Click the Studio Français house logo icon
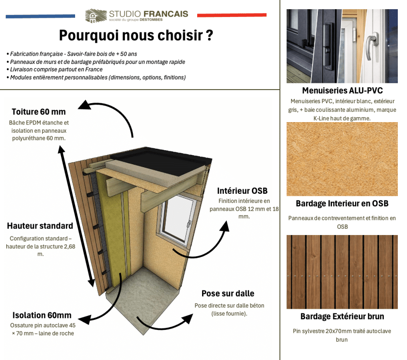[96, 16]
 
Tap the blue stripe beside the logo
[41, 16]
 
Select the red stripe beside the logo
[232, 15]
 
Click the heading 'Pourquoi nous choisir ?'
[136, 35]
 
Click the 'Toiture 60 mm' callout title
[39, 112]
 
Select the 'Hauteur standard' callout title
[40, 226]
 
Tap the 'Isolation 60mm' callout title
[42, 315]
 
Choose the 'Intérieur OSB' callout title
[242, 191]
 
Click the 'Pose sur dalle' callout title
[228, 294]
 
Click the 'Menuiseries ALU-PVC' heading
[343, 91]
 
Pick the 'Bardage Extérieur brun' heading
[342, 316]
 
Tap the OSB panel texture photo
[342, 159]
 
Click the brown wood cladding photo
[342, 272]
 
